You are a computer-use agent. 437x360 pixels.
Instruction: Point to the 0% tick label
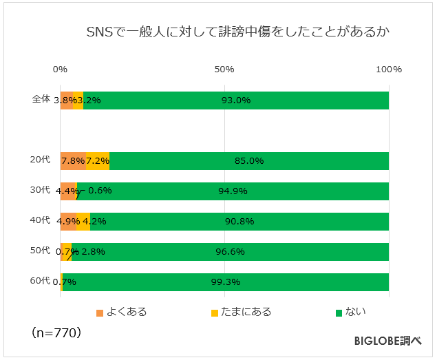coord(60,70)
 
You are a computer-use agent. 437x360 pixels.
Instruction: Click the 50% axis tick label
coord(224,70)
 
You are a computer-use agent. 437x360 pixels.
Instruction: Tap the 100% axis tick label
coord(389,70)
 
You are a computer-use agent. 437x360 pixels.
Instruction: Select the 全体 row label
coord(41,99)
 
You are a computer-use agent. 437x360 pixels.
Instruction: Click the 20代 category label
coord(41,160)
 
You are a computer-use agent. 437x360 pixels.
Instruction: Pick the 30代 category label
coord(41,190)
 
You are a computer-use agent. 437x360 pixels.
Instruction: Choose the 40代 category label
coord(41,221)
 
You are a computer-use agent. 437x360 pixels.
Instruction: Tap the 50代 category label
coord(41,251)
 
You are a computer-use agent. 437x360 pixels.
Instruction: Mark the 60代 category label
coord(41,282)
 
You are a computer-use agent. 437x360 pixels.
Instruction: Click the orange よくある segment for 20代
coord(73,160)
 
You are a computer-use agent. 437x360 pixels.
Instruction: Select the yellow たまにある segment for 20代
coord(98,160)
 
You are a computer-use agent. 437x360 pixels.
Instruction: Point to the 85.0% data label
coord(249,161)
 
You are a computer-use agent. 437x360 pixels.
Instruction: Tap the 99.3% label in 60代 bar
coord(226,282)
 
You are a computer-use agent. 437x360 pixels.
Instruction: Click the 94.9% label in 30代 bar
coord(233,191)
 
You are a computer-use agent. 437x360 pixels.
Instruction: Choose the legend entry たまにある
coord(241,312)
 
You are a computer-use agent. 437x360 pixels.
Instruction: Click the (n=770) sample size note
coord(57,333)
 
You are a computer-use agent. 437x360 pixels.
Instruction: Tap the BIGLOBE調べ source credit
coord(388,341)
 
